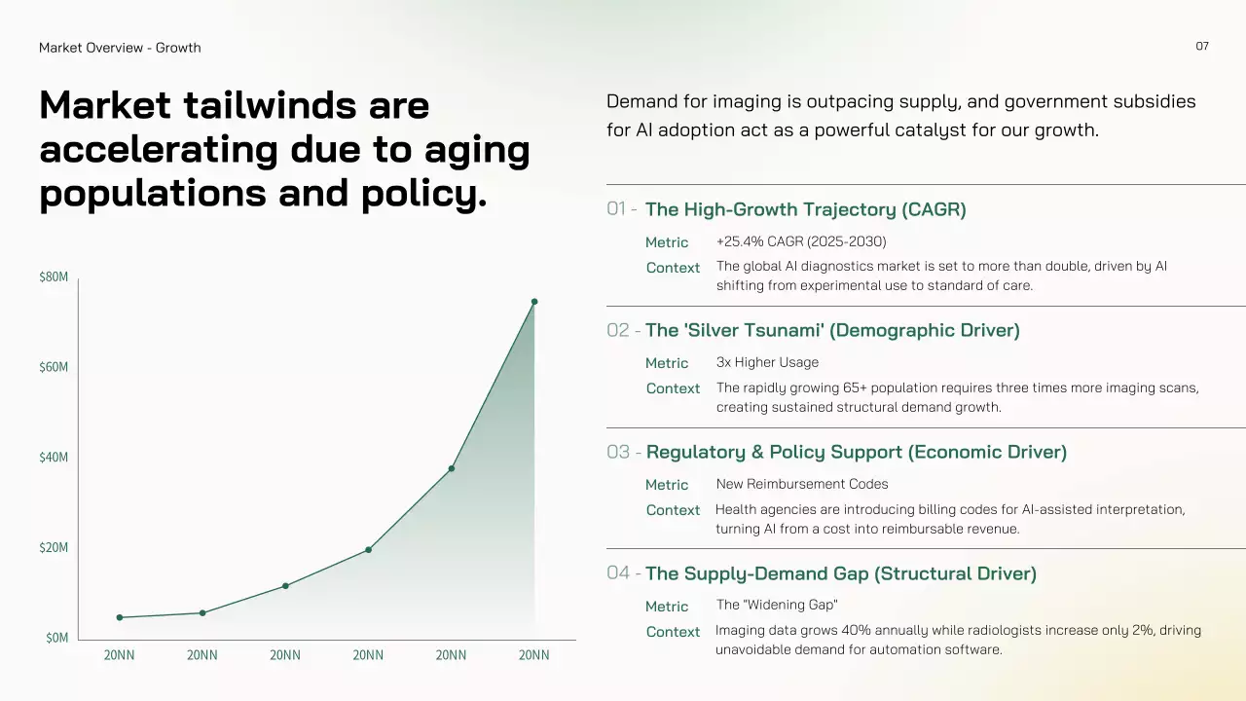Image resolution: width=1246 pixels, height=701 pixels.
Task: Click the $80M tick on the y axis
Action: click(54, 277)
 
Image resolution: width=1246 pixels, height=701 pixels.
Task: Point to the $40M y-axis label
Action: click(54, 457)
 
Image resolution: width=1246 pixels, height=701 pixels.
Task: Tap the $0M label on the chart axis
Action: click(56, 637)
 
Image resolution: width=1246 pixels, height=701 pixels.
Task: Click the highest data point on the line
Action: click(534, 302)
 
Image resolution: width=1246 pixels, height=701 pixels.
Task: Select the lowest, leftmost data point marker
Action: click(120, 617)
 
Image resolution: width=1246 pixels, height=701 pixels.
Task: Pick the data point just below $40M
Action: click(451, 468)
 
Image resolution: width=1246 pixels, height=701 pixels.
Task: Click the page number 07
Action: click(1202, 46)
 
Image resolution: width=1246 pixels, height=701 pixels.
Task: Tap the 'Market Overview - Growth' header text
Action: click(120, 48)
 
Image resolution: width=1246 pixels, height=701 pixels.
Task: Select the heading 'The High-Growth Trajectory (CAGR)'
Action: click(805, 209)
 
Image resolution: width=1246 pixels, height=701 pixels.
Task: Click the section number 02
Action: click(618, 330)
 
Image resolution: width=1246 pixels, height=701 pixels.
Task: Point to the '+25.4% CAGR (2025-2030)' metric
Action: click(801, 241)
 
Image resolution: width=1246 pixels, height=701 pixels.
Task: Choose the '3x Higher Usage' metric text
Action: click(767, 362)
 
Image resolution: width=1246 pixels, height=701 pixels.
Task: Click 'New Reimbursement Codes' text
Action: click(801, 484)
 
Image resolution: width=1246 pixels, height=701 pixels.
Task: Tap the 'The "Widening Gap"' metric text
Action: click(777, 605)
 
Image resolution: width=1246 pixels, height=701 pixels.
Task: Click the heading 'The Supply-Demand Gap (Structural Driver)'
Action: click(840, 573)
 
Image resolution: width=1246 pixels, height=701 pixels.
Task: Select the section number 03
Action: click(618, 452)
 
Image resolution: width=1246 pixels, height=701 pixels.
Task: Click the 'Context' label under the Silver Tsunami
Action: click(673, 388)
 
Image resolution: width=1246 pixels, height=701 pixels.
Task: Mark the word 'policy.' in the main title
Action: click(423, 194)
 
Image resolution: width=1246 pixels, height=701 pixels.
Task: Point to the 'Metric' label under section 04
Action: click(667, 607)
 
